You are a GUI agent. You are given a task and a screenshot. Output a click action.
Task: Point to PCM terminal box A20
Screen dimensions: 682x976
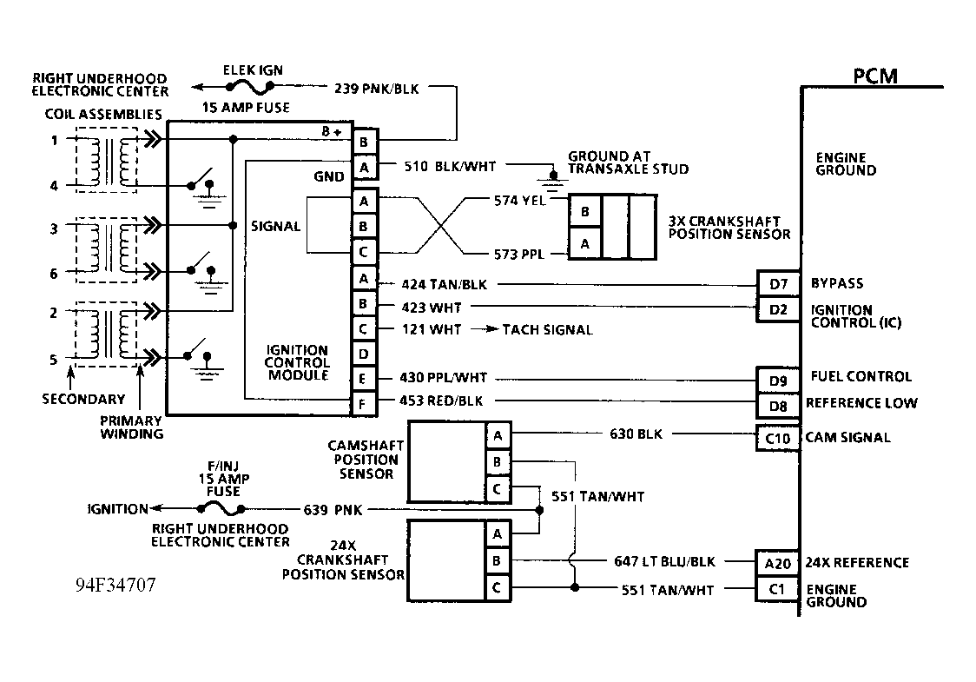coord(777,563)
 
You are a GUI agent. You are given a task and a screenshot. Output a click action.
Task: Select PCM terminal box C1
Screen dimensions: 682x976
coord(777,589)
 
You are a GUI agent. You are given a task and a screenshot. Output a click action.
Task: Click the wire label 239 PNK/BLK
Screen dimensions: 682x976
coord(375,88)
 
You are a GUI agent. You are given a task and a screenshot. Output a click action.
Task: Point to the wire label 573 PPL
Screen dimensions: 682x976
coord(518,255)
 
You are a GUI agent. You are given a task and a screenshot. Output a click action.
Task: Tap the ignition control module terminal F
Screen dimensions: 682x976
coord(363,404)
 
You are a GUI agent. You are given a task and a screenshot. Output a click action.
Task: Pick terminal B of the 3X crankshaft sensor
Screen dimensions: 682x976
coord(584,211)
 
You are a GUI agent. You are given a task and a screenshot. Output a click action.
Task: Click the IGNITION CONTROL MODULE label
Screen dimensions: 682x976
coord(298,363)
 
